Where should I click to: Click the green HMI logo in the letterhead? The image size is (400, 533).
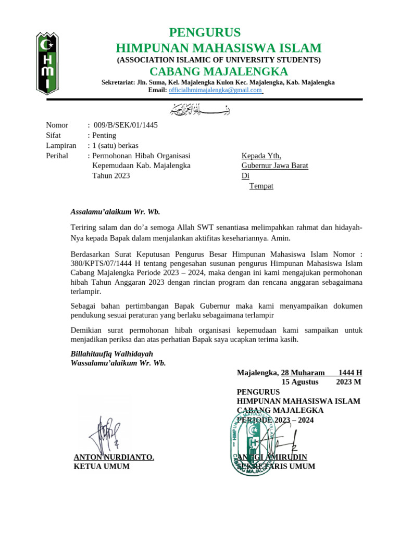[46, 63]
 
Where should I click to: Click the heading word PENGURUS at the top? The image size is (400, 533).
[205, 33]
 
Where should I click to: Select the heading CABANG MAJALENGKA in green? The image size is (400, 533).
[219, 71]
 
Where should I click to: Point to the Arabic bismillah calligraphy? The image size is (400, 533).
[200, 110]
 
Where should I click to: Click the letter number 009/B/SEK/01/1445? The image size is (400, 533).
[126, 125]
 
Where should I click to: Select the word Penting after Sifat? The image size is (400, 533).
[104, 135]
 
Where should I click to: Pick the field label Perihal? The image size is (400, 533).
[57, 155]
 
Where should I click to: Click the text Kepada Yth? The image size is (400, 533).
[261, 156]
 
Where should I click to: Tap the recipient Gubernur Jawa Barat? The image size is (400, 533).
[274, 166]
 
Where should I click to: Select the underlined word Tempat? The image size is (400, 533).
[261, 186]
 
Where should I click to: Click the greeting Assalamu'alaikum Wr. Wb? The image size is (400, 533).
[115, 211]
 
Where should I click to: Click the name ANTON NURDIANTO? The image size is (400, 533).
[114, 457]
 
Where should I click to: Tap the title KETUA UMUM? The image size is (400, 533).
[102, 466]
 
